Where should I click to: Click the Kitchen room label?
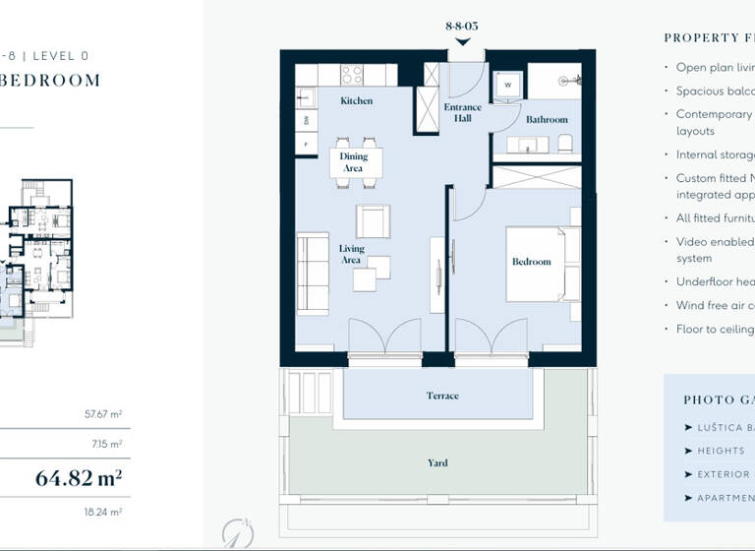(x=356, y=101)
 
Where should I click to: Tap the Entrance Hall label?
(x=462, y=112)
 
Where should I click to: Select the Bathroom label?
(x=547, y=120)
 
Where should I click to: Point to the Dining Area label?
(x=353, y=162)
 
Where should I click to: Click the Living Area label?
(x=351, y=254)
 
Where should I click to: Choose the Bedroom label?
(x=531, y=262)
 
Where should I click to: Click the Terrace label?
(x=441, y=396)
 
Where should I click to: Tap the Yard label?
(x=437, y=462)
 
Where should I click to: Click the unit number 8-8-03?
(x=462, y=26)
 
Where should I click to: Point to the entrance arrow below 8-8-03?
(x=462, y=41)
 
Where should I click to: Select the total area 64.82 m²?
(x=79, y=479)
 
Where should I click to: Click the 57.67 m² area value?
(x=103, y=415)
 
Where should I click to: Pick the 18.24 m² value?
(x=103, y=513)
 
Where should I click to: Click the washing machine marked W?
(x=507, y=85)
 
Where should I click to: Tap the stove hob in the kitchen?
(x=352, y=75)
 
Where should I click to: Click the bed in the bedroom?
(x=536, y=264)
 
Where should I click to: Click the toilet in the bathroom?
(x=565, y=144)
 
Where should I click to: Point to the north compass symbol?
(x=237, y=532)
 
